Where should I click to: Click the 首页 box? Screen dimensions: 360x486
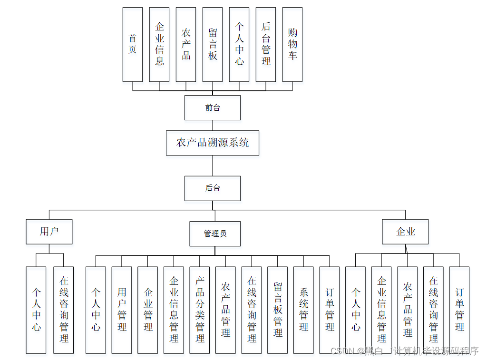[133, 44]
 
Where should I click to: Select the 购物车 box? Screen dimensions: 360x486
[292, 44]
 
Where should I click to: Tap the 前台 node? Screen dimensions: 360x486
[213, 107]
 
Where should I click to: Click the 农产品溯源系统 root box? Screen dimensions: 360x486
[213, 143]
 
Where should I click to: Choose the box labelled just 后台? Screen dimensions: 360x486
[213, 188]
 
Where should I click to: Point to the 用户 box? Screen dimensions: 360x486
[49, 232]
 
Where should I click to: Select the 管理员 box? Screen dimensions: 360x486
[215, 234]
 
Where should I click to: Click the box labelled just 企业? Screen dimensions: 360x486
[406, 232]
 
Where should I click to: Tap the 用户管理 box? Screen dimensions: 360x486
[122, 310]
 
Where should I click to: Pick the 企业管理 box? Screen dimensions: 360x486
[148, 310]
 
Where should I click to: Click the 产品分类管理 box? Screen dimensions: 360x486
[200, 310]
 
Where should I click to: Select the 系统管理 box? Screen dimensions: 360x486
[303, 310]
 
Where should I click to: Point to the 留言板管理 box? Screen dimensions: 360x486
[278, 310]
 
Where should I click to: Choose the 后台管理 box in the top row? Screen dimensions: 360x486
[266, 44]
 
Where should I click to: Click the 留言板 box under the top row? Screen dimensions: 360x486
[213, 44]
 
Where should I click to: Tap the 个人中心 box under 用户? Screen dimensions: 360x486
[36, 310]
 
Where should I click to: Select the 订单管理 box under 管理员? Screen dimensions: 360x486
[330, 310]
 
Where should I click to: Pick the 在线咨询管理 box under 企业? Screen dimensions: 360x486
[433, 310]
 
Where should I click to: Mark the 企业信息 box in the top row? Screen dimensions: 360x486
[159, 44]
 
